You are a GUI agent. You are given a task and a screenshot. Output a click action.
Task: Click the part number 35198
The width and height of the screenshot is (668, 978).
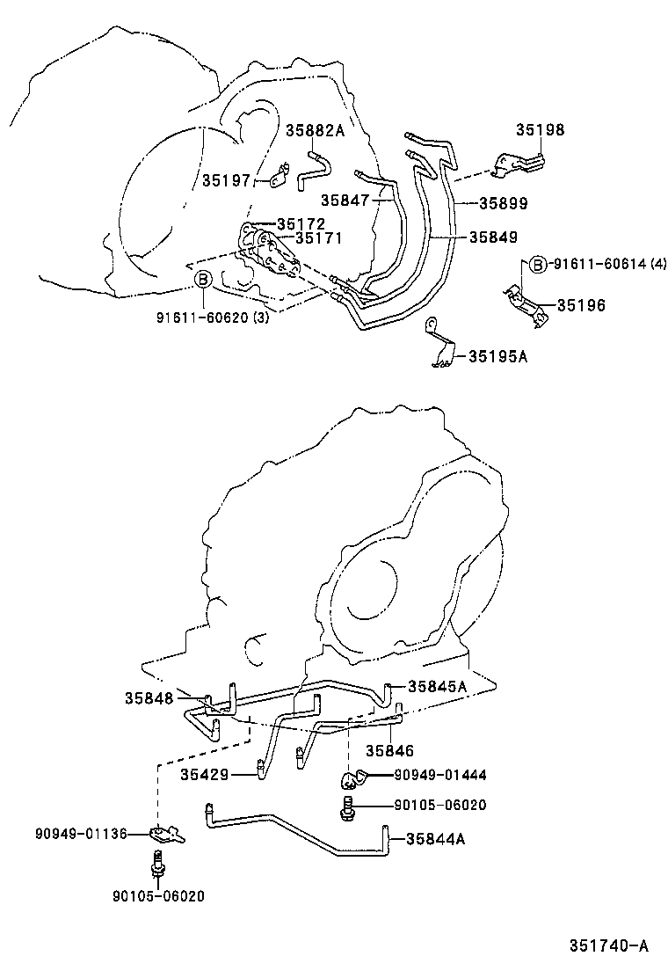point(540,130)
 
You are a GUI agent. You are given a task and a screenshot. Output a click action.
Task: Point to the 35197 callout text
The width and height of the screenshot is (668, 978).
point(226,180)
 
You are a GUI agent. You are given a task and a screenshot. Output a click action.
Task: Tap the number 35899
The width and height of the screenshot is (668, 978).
point(503,203)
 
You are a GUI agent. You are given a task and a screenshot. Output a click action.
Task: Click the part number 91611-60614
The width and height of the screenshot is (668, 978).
point(594,264)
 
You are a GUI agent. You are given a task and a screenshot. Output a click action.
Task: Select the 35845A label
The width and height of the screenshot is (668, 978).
point(436,687)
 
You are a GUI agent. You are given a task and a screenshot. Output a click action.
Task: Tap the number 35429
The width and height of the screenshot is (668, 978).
point(205,774)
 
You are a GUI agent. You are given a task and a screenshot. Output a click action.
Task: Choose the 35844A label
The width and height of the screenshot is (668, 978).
point(436,838)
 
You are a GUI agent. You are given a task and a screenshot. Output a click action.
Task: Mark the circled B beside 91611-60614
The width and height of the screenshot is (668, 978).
point(538,264)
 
